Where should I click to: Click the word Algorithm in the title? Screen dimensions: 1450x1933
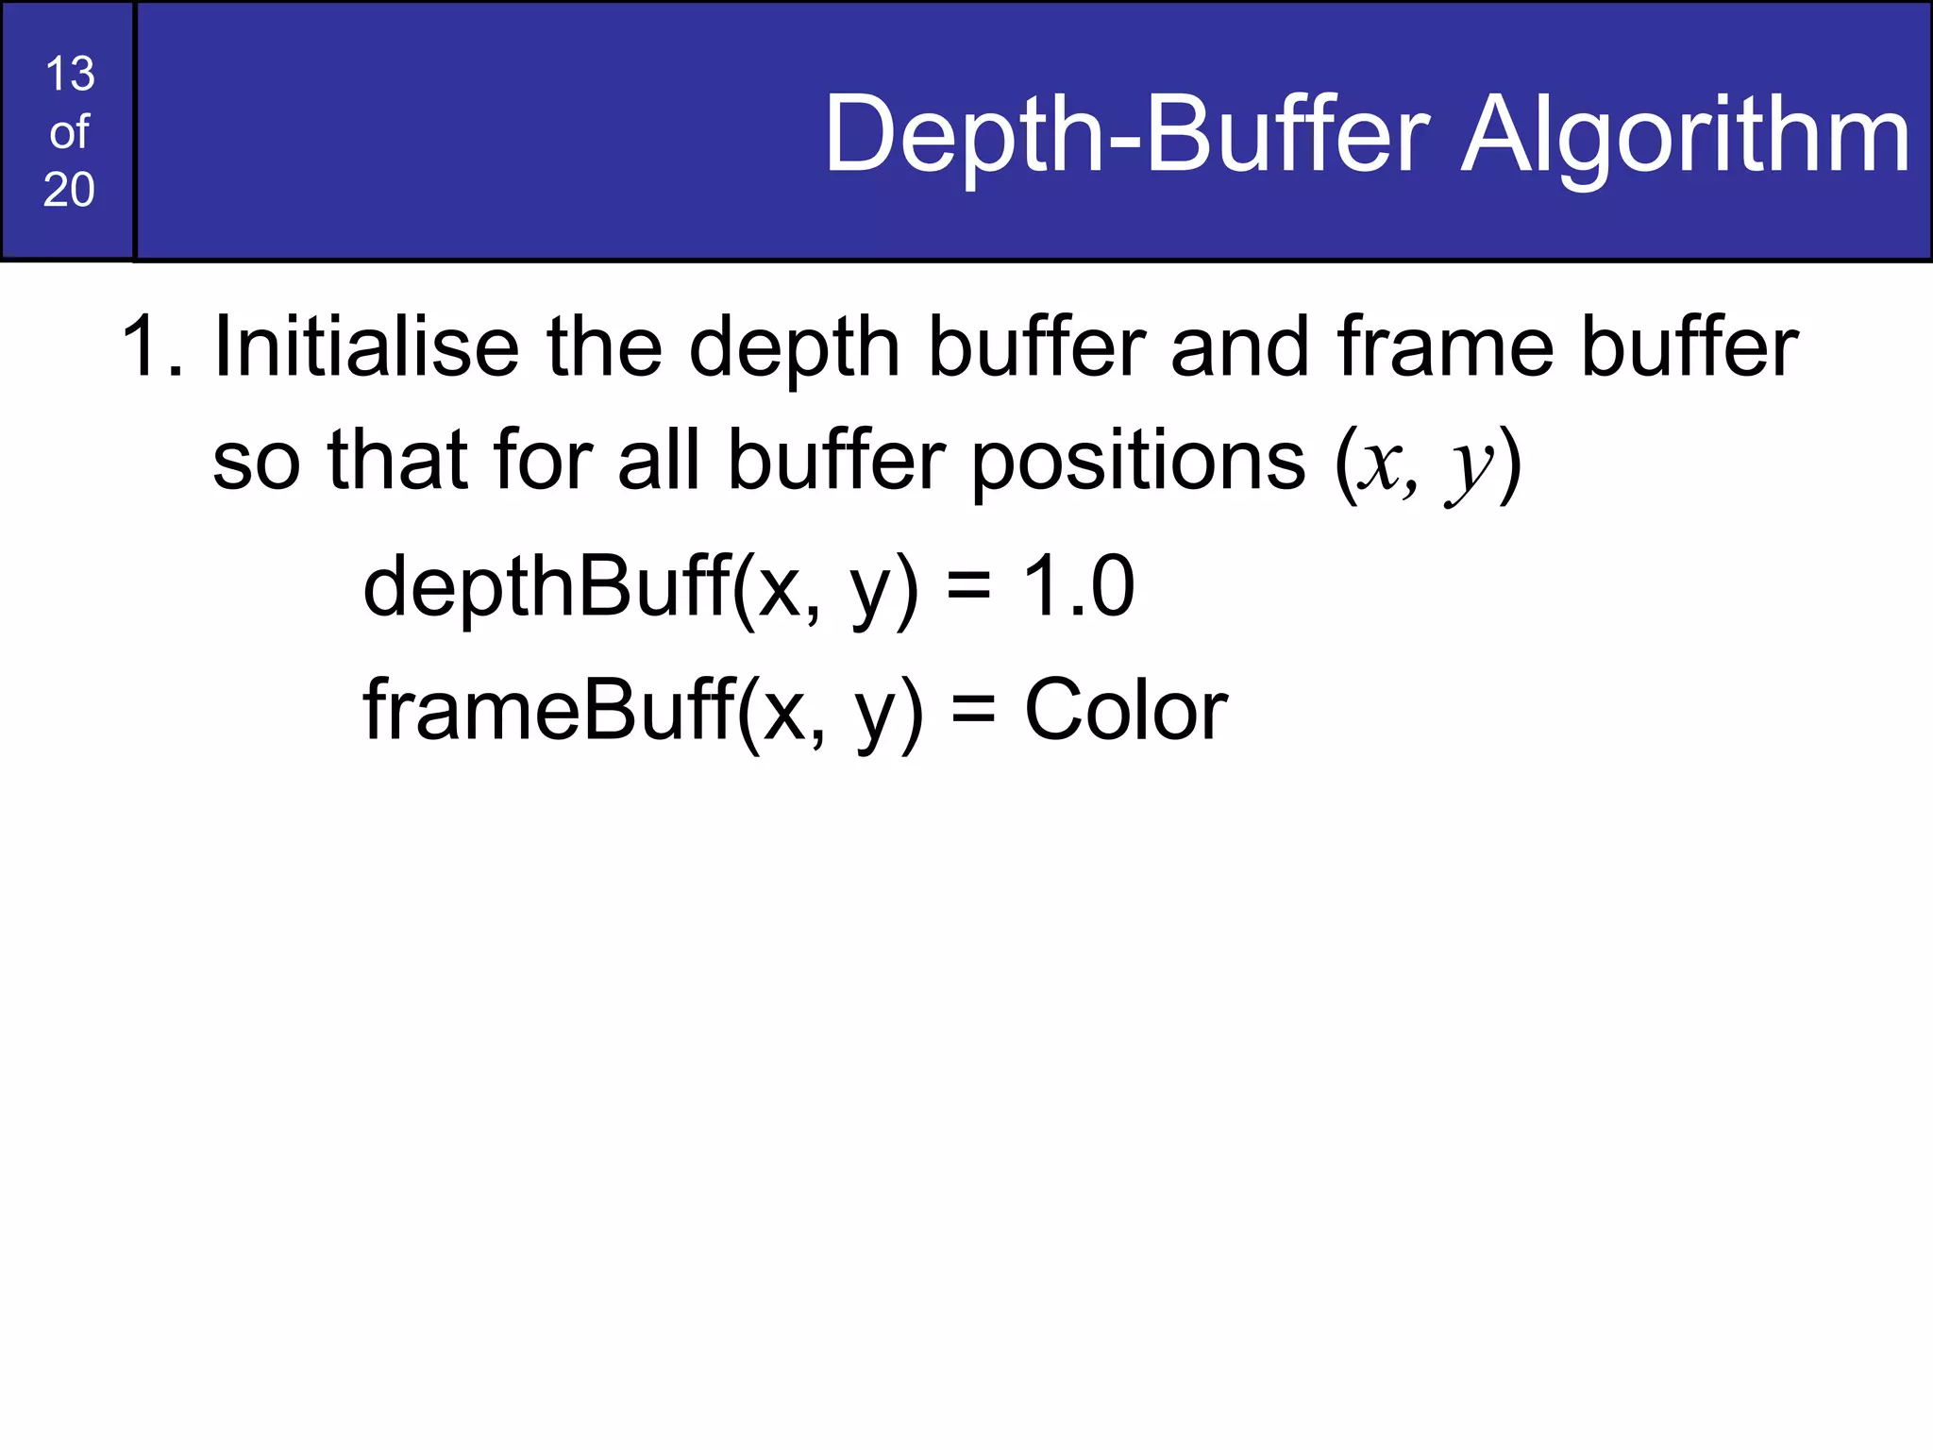pos(1686,137)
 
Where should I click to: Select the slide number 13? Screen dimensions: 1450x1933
pos(69,74)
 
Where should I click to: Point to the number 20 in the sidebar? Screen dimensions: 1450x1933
pos(69,190)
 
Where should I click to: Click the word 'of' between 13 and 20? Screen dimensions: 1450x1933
pos(69,132)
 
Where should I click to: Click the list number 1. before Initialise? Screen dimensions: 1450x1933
pos(151,347)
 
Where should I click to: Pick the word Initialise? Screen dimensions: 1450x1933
pos(366,347)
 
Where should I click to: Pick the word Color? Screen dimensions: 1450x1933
pos(1125,710)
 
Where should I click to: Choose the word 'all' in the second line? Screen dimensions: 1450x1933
pos(659,462)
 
